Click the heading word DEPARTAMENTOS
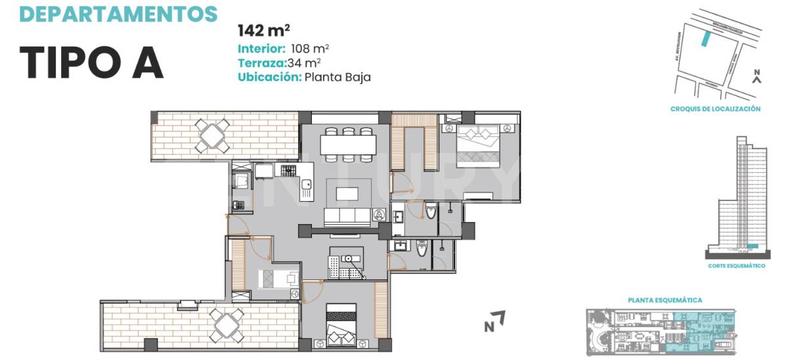(118, 12)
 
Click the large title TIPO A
(91, 63)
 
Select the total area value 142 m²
(264, 30)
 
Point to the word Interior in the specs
(261, 49)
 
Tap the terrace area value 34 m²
(304, 63)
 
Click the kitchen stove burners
(289, 171)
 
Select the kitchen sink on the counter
(306, 191)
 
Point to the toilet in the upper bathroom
(431, 212)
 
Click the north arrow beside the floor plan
(494, 321)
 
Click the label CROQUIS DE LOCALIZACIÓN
(715, 109)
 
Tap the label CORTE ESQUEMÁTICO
(737, 265)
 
